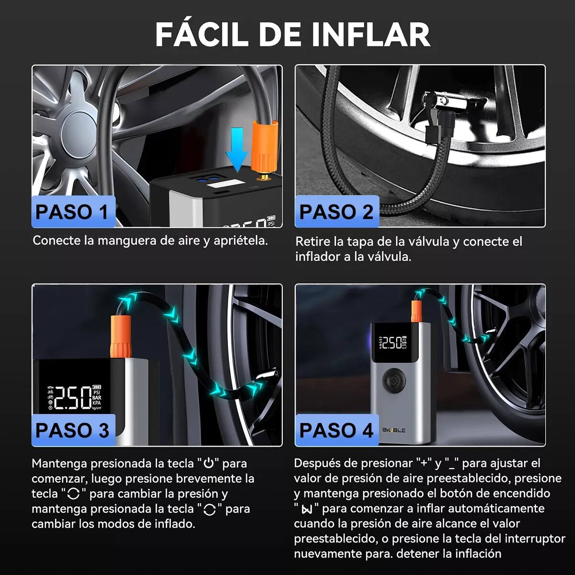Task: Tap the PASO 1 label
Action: click(x=72, y=212)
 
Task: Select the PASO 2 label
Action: click(x=336, y=212)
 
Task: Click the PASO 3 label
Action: click(x=72, y=430)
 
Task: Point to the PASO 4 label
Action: click(x=336, y=430)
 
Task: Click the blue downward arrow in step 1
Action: click(x=237, y=147)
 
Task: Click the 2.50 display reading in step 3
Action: click(x=72, y=398)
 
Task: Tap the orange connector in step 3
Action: click(x=121, y=335)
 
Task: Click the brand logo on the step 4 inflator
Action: click(x=394, y=430)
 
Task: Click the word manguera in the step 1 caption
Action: click(x=126, y=240)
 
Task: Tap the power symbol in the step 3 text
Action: click(x=208, y=463)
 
